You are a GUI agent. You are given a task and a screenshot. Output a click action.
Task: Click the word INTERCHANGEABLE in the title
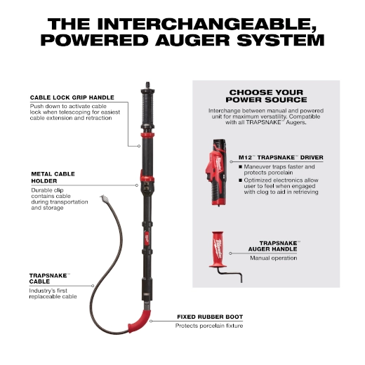tap(206, 24)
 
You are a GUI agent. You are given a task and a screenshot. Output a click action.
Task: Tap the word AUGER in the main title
tap(192, 40)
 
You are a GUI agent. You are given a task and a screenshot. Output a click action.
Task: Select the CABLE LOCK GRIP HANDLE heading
tap(72, 98)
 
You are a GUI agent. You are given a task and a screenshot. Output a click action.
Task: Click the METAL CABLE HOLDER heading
tap(53, 178)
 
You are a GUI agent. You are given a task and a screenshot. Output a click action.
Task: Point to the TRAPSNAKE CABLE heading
tap(50, 279)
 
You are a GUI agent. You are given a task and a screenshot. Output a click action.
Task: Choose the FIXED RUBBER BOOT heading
tap(210, 317)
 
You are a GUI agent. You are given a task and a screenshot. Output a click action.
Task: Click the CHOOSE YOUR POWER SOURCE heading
tap(266, 96)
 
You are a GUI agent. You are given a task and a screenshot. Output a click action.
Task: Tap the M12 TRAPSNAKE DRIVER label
tap(281, 157)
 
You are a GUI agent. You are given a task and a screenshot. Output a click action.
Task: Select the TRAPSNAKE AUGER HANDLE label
tap(274, 246)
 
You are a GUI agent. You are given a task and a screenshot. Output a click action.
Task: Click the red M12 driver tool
tap(216, 173)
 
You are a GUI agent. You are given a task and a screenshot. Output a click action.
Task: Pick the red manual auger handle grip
tap(218, 249)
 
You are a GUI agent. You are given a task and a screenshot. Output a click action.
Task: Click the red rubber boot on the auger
tap(140, 321)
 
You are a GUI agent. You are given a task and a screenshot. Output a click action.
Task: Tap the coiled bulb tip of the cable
tap(105, 199)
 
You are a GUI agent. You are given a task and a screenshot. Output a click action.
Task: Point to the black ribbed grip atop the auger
tap(147, 109)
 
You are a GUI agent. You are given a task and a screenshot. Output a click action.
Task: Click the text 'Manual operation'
tap(274, 258)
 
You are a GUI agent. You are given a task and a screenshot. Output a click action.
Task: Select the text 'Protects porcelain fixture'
tap(209, 326)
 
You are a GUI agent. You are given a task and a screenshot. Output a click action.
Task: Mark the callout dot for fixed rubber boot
tap(151, 321)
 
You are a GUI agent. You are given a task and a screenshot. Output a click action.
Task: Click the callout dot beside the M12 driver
tap(231, 161)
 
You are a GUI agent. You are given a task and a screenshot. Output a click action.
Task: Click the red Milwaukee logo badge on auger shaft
tap(147, 239)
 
